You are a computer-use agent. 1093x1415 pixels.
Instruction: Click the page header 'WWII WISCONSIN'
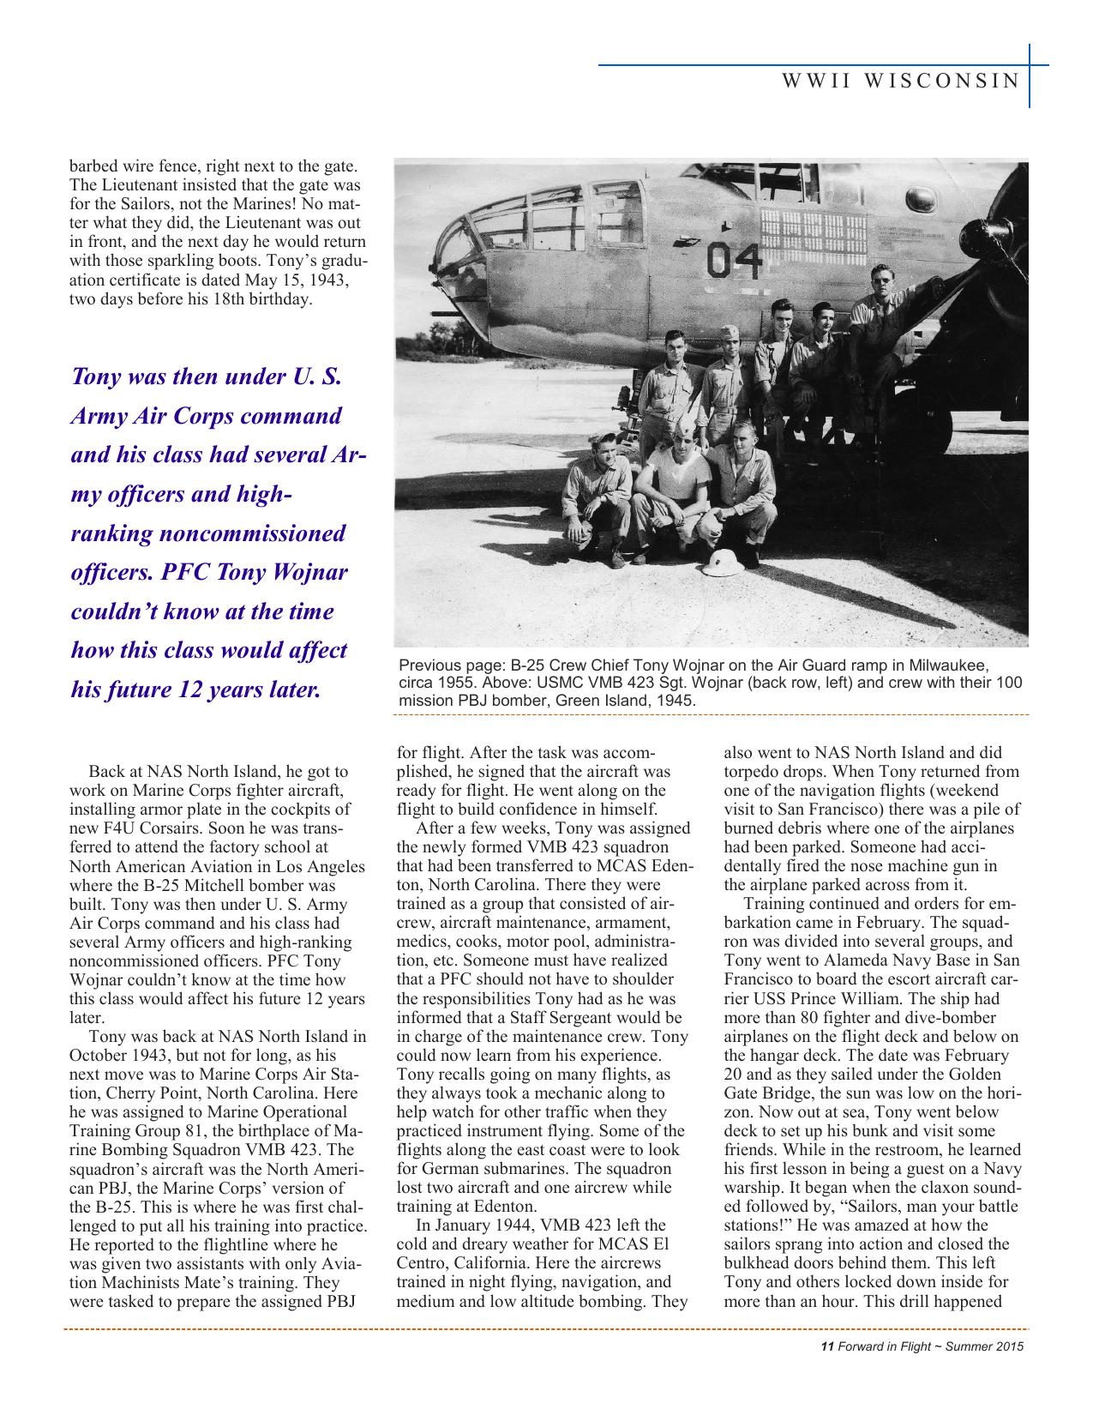(x=900, y=81)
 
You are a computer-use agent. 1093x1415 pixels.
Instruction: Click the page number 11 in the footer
(x=827, y=1346)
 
